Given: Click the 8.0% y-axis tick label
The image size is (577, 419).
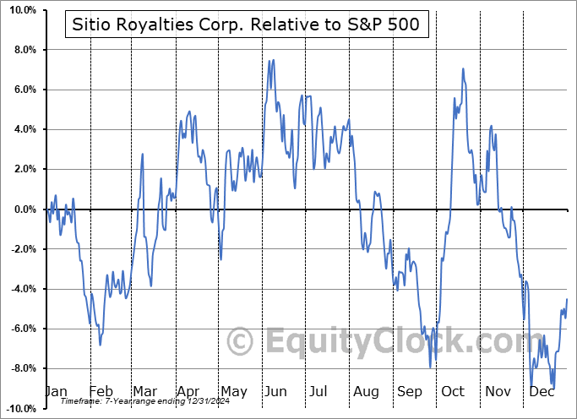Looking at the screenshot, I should point(23,50).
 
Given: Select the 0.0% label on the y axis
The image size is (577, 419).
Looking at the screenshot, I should point(23,209).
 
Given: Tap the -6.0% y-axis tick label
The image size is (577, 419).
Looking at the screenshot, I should point(21,329).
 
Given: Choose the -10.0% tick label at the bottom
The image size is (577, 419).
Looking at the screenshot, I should point(19,409).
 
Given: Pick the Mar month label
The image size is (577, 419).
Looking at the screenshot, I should point(145,391).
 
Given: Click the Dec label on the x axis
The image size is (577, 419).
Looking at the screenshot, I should point(540,391).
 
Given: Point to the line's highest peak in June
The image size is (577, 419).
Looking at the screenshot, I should point(269,60).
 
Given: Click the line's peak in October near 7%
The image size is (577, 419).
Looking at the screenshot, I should point(463,68).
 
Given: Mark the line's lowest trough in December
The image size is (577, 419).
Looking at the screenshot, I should point(553,389).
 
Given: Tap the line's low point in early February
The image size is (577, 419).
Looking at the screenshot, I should point(101,345).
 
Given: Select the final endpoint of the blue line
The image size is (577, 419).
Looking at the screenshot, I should point(567,299).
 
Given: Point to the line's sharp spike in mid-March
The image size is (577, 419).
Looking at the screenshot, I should point(143,154).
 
